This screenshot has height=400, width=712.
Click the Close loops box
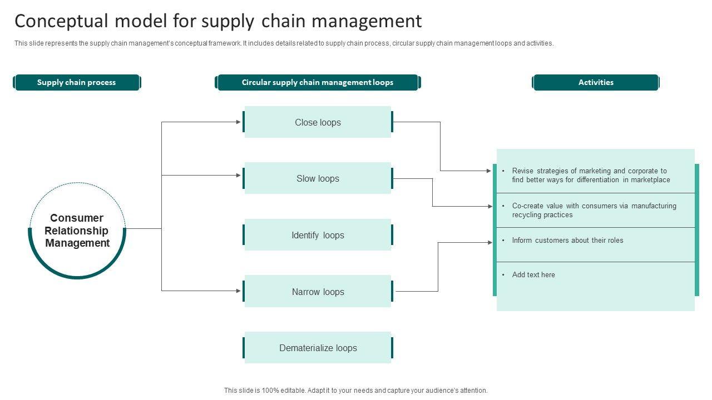coord(318,122)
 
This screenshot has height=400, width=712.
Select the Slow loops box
coord(318,178)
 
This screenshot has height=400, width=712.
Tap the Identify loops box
coord(318,235)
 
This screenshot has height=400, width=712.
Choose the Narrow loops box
coord(318,292)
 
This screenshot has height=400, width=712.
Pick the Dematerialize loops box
coord(318,348)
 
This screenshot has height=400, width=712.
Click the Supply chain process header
coord(77,82)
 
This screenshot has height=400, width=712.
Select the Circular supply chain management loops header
coord(318,82)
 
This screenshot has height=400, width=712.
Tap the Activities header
coord(596,82)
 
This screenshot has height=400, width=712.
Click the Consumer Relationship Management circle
coord(77,231)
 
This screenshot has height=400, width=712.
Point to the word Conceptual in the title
coord(61,21)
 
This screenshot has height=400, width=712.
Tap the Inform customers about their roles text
coord(567,241)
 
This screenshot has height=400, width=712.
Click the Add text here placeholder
coord(533,275)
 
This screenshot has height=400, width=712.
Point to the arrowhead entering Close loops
coord(239,122)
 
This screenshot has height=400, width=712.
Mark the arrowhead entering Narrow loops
coord(239,291)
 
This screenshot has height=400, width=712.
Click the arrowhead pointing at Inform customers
coord(490,242)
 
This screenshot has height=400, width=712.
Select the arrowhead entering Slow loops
coord(239,176)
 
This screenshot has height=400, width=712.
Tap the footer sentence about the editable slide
coord(356,391)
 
